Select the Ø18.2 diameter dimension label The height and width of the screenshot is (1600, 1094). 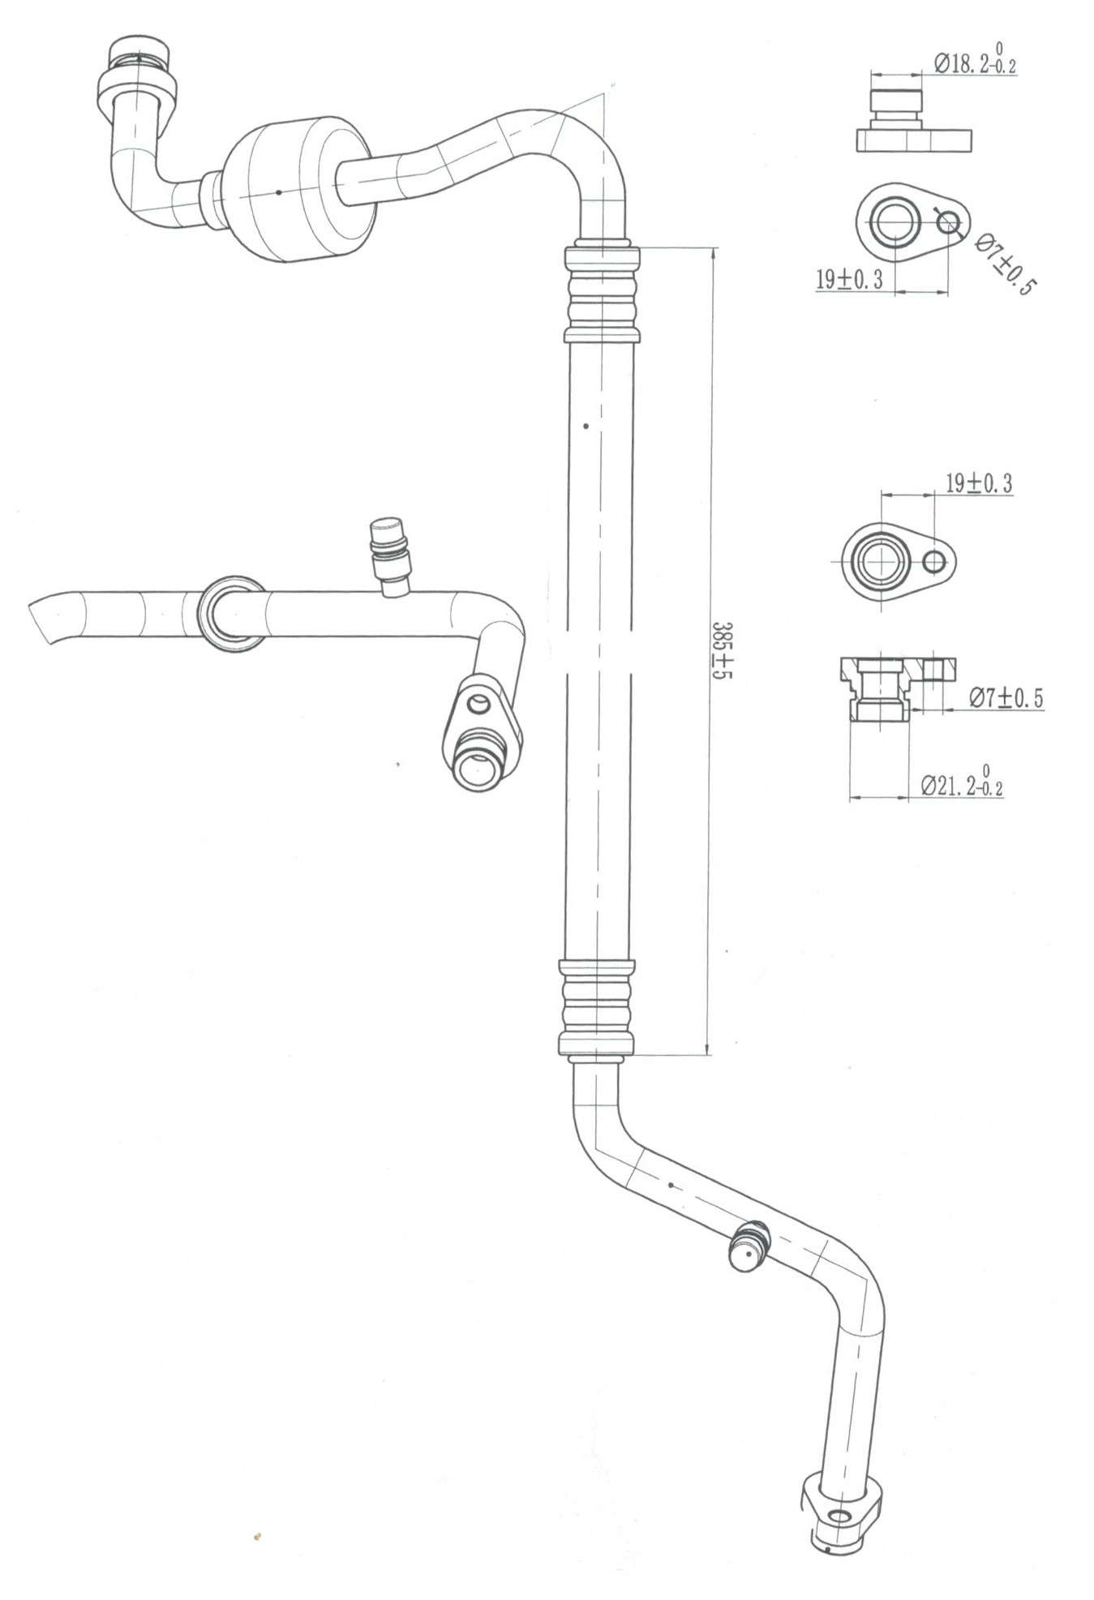975,61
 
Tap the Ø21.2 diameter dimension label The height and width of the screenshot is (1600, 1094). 963,783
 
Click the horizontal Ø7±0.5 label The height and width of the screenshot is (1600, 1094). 1005,697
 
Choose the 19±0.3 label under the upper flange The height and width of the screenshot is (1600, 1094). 848,280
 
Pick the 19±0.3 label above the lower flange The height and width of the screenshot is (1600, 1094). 979,484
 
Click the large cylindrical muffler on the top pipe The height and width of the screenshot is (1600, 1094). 300,190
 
